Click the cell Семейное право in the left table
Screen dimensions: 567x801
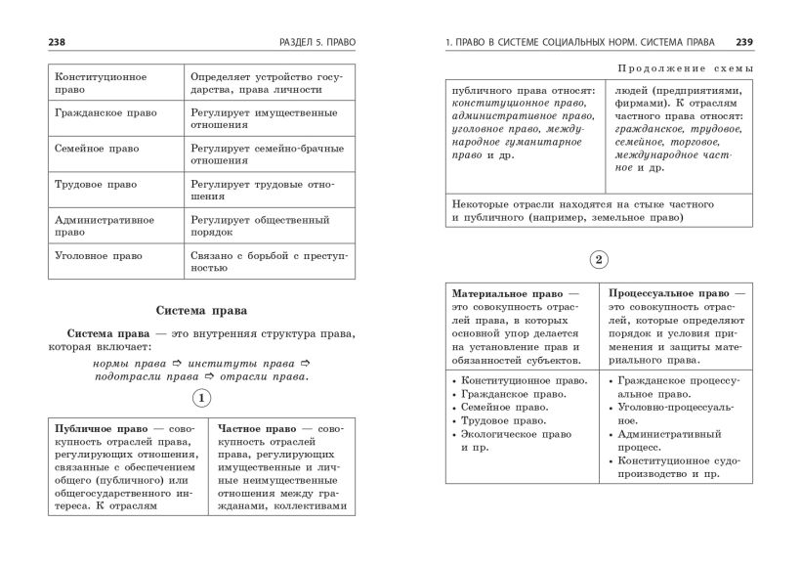98,150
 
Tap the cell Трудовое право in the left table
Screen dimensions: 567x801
96,185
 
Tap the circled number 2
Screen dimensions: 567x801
599,260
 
